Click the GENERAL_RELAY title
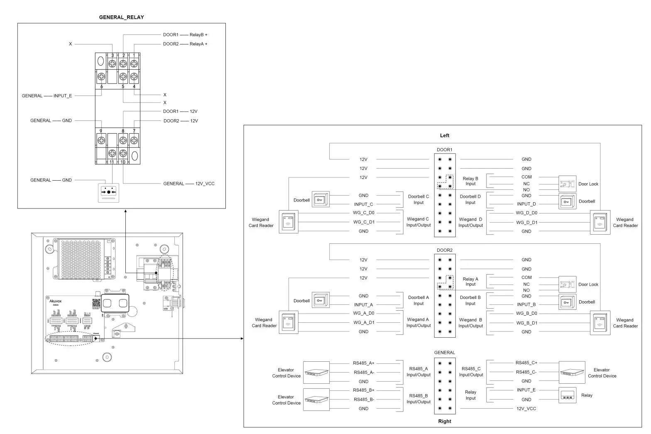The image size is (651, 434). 121,17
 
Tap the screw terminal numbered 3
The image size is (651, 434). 113,63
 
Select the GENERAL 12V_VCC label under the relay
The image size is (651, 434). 189,184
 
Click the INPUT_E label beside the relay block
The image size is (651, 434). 62,96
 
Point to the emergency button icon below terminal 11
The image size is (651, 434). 108,193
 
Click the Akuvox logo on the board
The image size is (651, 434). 56,301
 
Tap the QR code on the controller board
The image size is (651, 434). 96,304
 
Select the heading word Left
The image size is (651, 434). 444,135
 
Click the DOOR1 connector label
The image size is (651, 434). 444,150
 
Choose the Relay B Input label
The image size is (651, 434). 470,181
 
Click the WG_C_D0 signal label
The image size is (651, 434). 363,213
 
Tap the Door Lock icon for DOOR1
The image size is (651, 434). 567,184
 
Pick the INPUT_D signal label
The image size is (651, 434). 526,204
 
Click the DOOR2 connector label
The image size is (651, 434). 444,250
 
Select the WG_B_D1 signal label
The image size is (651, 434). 526,323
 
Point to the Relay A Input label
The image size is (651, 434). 470,282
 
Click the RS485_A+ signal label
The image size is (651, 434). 363,363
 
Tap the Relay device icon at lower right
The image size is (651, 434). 567,395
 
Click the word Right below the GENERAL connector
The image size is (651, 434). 444,421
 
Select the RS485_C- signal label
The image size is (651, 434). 526,372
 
